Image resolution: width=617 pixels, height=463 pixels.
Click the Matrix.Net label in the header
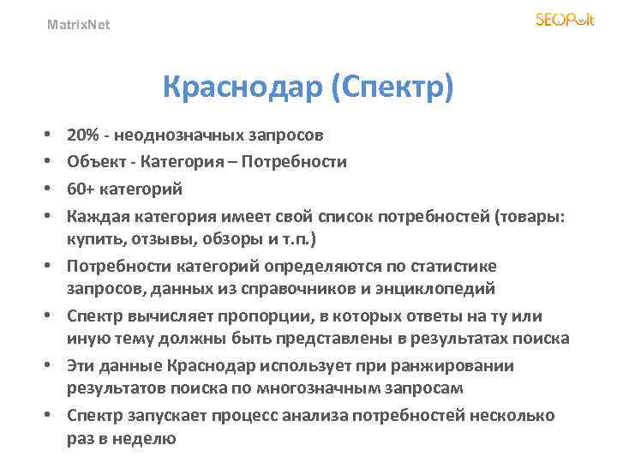78,25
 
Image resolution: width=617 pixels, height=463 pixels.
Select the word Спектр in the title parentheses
395,87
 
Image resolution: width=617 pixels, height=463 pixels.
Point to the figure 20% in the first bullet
82,135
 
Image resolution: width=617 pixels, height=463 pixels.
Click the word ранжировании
464,367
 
